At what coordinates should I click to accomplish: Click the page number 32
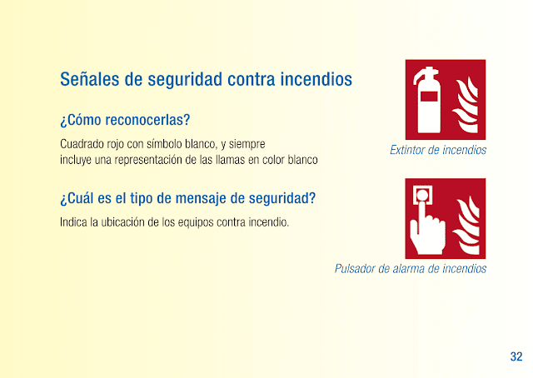pyautogui.click(x=516, y=356)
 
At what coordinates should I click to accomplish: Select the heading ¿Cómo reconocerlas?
pyautogui.click(x=125, y=120)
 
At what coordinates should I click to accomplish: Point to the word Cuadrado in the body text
pyautogui.click(x=82, y=144)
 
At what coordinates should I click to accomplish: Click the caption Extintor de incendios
pyautogui.click(x=438, y=150)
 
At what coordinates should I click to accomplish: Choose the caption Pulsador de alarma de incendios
pyautogui.click(x=411, y=269)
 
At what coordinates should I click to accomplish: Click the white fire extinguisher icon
pyautogui.click(x=427, y=100)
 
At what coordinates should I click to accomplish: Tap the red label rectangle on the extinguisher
pyautogui.click(x=429, y=97)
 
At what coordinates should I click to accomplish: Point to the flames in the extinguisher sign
pyautogui.click(x=465, y=105)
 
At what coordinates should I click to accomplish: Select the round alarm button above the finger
pyautogui.click(x=422, y=195)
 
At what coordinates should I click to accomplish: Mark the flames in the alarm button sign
pyautogui.click(x=466, y=225)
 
